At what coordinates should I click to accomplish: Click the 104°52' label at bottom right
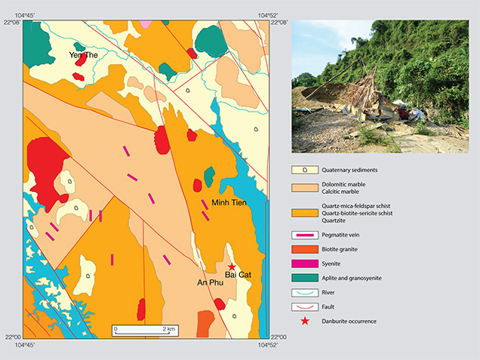tap(269, 344)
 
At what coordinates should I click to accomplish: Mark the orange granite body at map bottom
tap(205, 323)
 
